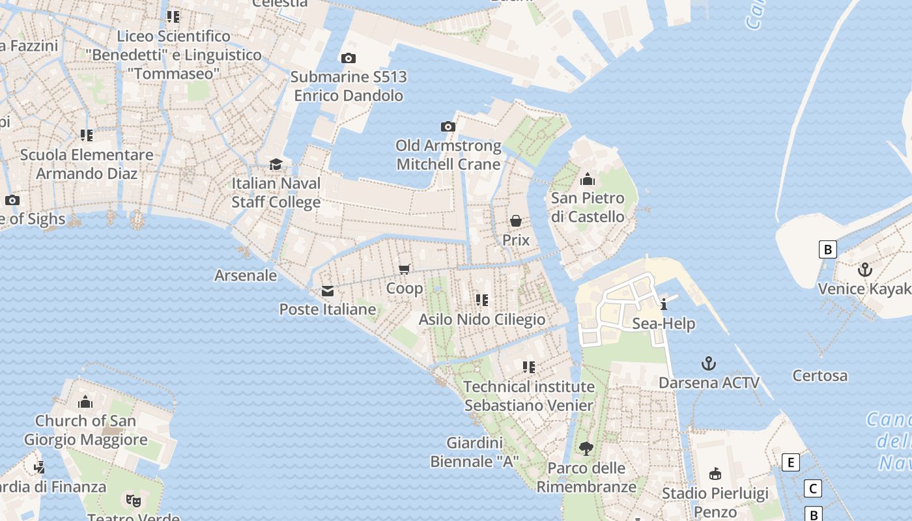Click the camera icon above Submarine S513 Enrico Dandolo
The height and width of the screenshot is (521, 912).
(x=349, y=59)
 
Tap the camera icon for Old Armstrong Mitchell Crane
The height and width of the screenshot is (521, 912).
(x=448, y=127)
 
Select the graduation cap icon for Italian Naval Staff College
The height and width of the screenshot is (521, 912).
(x=276, y=164)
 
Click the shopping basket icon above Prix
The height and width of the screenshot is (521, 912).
(x=516, y=221)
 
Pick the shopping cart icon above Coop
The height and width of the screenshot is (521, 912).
(x=405, y=269)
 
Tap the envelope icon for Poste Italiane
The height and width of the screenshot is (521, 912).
(x=328, y=291)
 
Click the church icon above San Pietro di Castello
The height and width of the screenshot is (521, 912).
(x=588, y=179)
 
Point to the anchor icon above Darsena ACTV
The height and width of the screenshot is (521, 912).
(x=709, y=363)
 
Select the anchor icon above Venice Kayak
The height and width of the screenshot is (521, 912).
(x=865, y=270)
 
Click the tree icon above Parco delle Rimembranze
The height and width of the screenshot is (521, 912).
(x=586, y=449)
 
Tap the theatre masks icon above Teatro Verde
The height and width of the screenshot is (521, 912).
(x=134, y=500)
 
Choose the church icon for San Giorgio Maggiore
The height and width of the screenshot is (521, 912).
(x=85, y=402)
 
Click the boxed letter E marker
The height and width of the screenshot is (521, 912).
(x=790, y=462)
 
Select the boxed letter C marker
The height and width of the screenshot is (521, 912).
(x=812, y=488)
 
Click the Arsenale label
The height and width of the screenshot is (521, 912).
(x=246, y=275)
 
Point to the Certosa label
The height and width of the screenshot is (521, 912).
(x=819, y=376)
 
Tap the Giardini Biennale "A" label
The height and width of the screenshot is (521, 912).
(x=474, y=452)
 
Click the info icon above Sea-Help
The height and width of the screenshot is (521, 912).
(x=664, y=304)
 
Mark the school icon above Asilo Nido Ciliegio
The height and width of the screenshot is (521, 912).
(x=482, y=300)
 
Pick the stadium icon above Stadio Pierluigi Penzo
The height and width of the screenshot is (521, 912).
(x=715, y=473)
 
